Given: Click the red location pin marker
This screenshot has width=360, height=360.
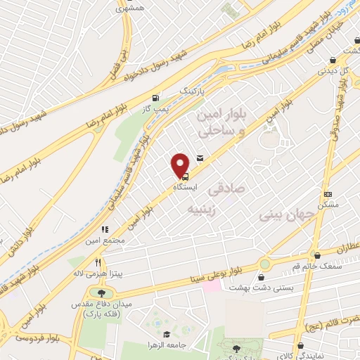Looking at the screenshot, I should (181, 165).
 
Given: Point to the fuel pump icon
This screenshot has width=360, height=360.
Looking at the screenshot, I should (155, 98).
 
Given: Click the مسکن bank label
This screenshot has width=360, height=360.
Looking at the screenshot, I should (328, 204).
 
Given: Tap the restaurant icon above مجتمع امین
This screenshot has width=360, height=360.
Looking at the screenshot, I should (105, 229).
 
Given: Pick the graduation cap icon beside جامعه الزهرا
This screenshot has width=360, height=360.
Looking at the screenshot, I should (166, 335).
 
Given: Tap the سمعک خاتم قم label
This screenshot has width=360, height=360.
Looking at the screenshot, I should (323, 266).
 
